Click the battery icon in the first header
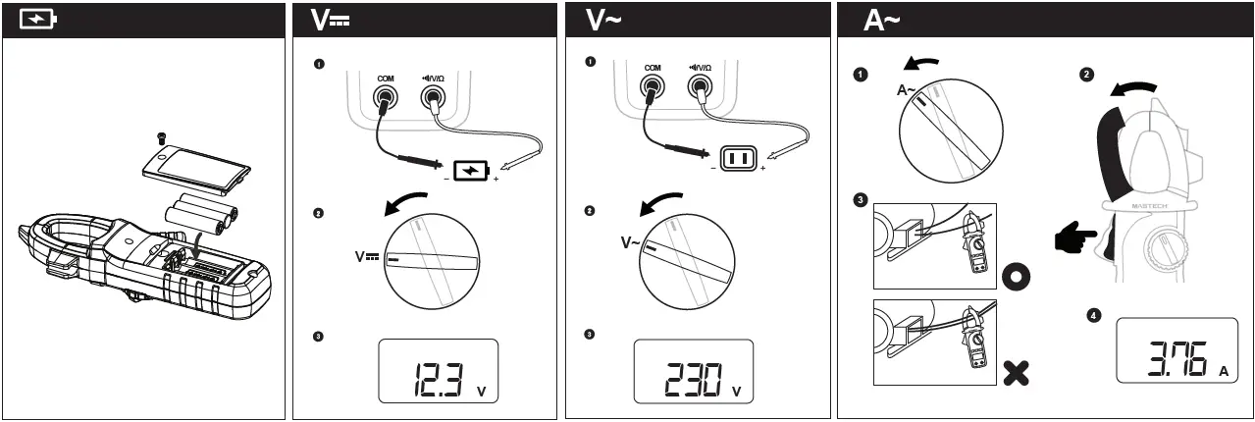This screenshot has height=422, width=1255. tap(38, 21)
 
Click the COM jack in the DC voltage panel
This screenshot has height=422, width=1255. tap(386, 97)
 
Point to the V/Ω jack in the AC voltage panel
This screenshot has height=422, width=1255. tap(701, 89)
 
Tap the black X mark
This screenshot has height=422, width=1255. tap(1018, 372)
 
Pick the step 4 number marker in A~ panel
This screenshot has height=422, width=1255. tap(1094, 316)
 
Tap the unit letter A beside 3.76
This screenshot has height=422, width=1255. tap(1224, 372)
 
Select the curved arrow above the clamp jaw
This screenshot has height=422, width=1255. tap(1134, 88)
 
